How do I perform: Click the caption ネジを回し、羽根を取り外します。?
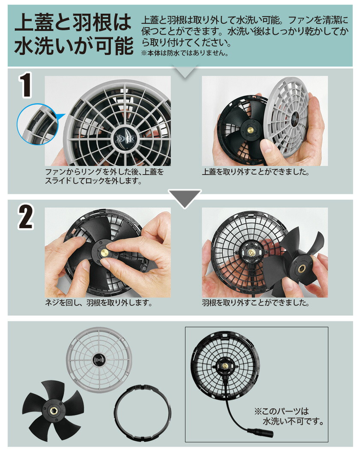[99, 303]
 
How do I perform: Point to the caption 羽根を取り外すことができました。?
[256, 303]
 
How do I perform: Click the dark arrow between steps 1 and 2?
[184, 197]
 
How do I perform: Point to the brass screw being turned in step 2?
[103, 252]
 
